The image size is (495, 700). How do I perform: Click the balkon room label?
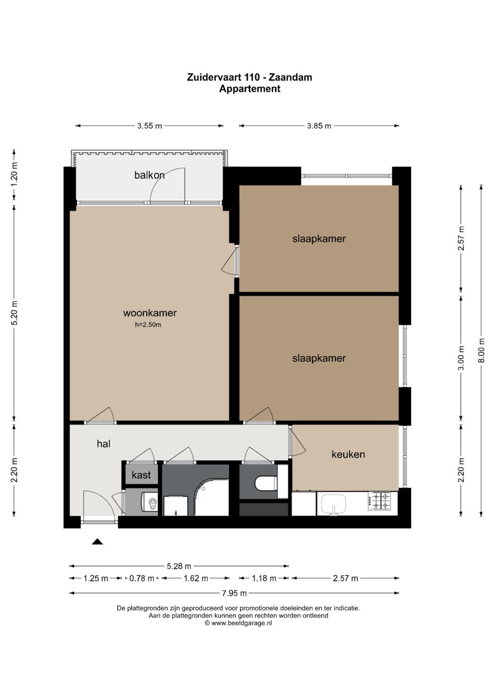click(x=149, y=175)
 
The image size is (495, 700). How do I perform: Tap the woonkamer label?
click(x=150, y=313)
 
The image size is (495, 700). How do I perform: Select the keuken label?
click(x=348, y=454)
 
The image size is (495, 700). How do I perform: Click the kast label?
click(x=141, y=475)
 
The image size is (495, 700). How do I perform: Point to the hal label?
click(x=104, y=444)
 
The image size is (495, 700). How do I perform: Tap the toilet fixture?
click(x=266, y=484)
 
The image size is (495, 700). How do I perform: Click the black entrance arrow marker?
click(x=97, y=541)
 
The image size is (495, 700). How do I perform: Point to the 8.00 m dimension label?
click(x=482, y=350)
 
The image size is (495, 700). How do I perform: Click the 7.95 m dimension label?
click(x=234, y=593)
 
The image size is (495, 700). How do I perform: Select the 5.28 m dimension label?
click(x=179, y=566)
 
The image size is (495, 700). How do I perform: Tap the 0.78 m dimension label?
click(x=142, y=579)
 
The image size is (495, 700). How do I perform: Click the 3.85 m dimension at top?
click(x=319, y=126)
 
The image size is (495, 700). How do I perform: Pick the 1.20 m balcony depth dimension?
click(x=14, y=174)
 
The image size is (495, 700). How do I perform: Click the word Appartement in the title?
click(x=250, y=89)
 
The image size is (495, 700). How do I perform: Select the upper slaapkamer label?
click(x=319, y=239)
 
